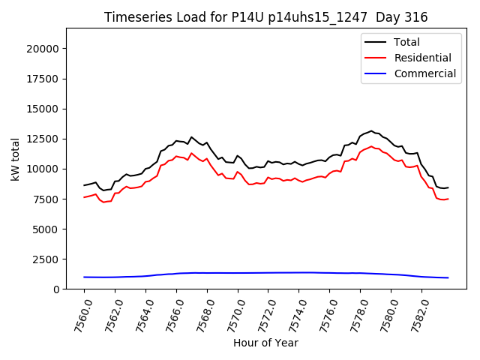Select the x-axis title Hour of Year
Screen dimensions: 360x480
coord(265,343)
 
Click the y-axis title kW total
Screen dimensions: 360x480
coord(16,158)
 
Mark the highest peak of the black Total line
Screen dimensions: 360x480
coord(370,130)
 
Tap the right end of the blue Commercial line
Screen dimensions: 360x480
coord(448,277)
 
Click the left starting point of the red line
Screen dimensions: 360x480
coord(84,197)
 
